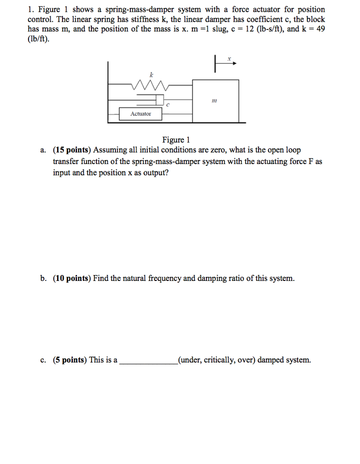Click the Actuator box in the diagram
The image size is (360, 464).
click(140, 114)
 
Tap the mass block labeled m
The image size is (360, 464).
click(216, 101)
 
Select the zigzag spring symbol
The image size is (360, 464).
click(149, 84)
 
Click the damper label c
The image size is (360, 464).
click(168, 105)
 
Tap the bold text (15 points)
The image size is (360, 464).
click(72, 150)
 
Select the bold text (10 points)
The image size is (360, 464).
click(72, 278)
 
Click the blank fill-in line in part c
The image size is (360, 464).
click(148, 362)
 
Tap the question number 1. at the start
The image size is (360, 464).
click(30, 10)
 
